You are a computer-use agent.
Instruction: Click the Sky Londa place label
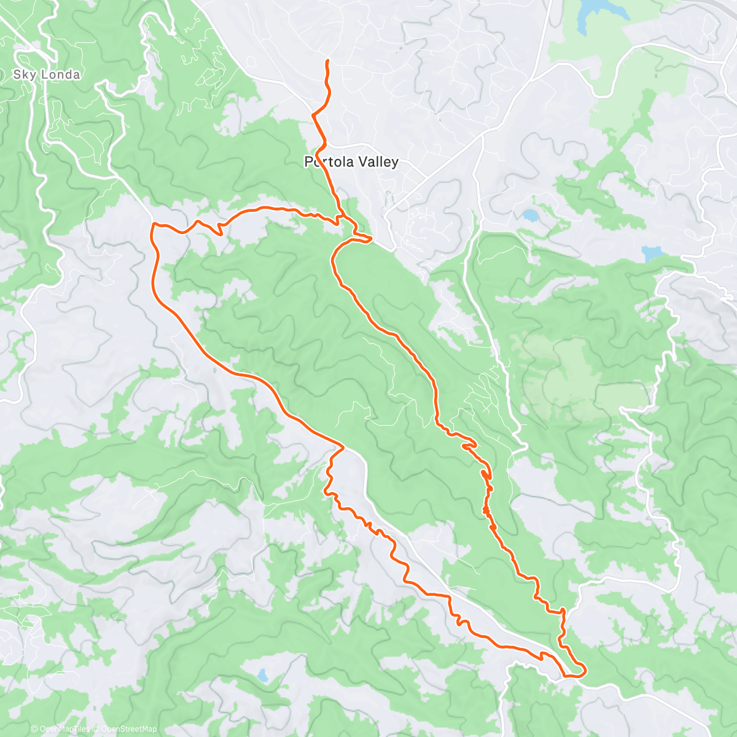[47, 75]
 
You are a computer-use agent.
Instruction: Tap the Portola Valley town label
[351, 162]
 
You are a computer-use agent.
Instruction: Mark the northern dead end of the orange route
[327, 61]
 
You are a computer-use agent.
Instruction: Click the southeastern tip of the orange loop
[583, 669]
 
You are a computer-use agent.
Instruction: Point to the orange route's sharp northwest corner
[153, 225]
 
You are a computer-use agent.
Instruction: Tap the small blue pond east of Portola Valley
[529, 215]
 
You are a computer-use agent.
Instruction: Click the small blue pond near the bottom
[262, 676]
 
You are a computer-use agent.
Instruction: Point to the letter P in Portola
[309, 162]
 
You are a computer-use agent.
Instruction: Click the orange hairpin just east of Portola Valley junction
[370, 238]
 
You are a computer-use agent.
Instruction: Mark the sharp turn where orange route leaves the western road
[341, 446]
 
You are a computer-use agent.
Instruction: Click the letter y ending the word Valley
[395, 163]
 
